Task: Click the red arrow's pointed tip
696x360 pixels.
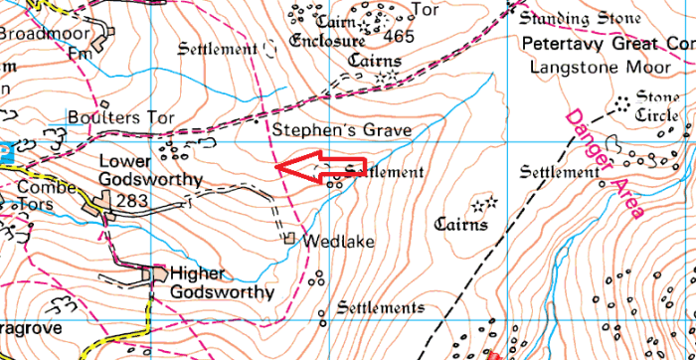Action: tap(277, 167)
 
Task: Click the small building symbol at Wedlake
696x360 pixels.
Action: tap(289, 239)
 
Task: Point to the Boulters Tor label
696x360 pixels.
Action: tap(120, 117)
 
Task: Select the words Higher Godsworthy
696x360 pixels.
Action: tap(221, 282)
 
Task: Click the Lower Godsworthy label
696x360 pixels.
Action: tap(150, 170)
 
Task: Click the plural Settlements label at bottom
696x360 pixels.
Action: tap(380, 307)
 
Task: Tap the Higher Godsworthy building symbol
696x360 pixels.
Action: tap(157, 271)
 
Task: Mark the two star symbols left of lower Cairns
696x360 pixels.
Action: tap(483, 205)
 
